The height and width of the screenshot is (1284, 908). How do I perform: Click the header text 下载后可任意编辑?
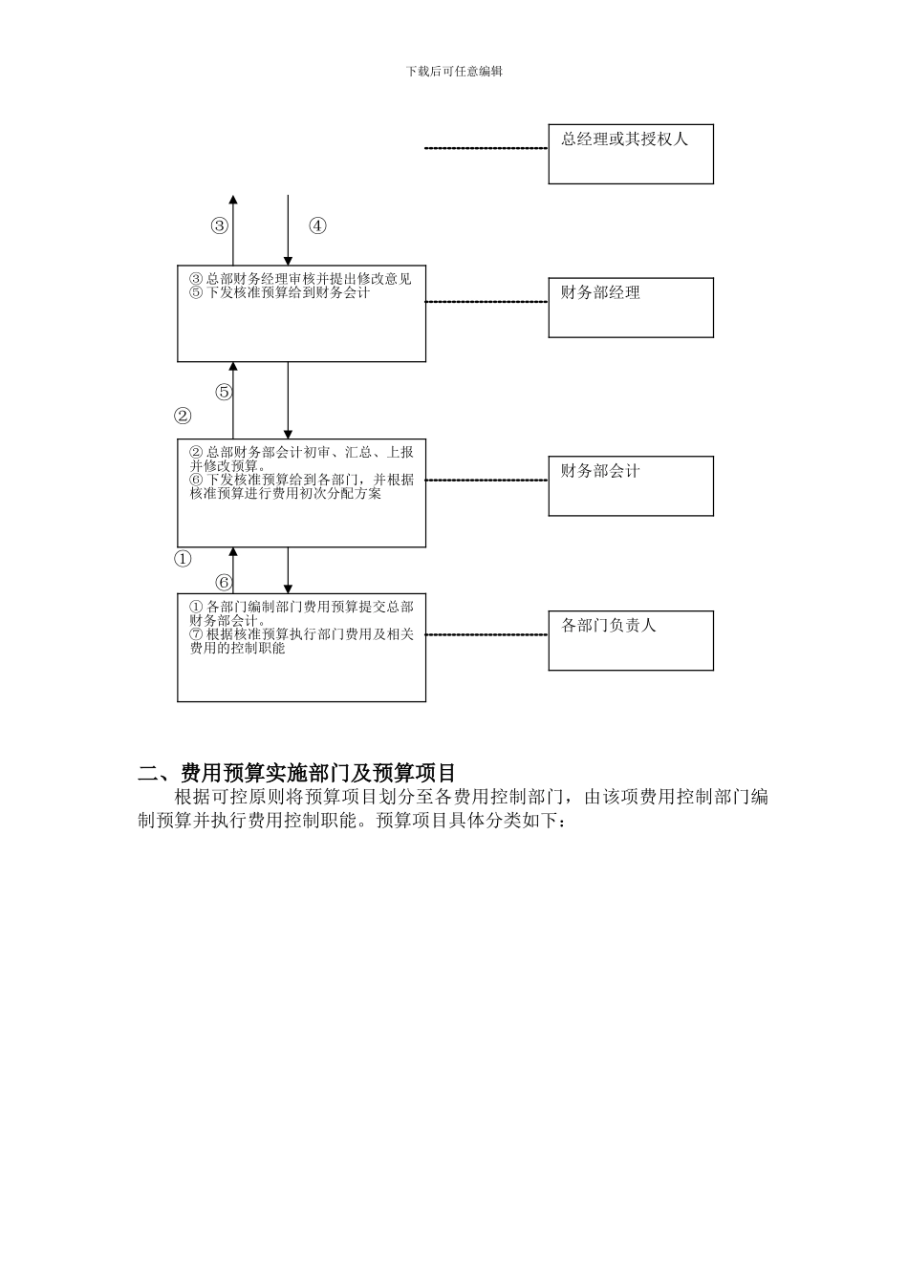454,72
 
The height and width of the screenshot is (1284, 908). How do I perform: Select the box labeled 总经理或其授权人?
630,154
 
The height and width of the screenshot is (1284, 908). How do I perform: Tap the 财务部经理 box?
630,308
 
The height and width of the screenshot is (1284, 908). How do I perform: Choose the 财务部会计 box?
630,485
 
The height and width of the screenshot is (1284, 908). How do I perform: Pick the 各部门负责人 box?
630,640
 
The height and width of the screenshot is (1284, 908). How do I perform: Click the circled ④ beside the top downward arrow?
317,226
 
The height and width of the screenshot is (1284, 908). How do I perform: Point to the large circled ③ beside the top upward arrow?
220,226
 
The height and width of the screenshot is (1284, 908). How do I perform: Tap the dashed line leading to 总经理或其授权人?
486,149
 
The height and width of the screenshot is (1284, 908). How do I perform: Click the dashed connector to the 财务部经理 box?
486,302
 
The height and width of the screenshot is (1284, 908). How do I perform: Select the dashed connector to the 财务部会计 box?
486,481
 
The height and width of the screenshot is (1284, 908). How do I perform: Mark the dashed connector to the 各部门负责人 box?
486,634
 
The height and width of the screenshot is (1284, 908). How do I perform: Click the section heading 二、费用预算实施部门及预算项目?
297,773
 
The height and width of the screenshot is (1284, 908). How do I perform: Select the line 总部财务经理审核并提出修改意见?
309,279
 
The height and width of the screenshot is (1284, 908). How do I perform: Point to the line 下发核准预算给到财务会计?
288,292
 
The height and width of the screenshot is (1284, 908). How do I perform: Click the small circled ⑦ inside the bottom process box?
196,634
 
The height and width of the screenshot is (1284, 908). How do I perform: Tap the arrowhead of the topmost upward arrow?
233,200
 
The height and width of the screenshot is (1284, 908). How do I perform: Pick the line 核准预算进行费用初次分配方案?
286,494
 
